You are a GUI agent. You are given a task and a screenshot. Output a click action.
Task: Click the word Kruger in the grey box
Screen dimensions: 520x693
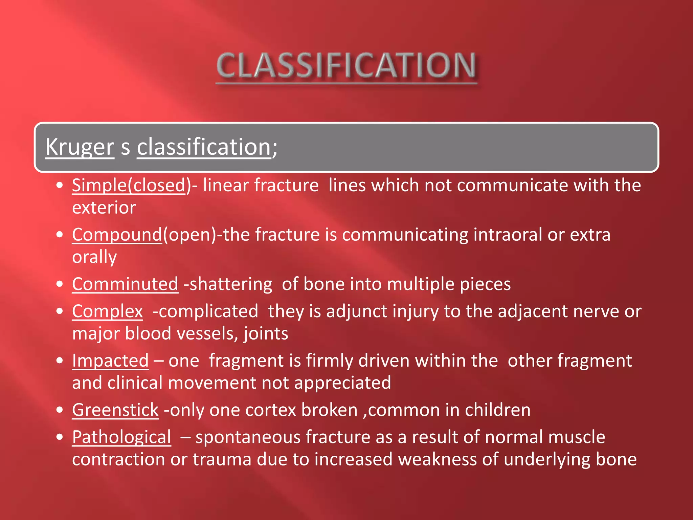[x=80, y=147]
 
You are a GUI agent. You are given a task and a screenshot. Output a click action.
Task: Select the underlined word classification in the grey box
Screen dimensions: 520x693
[x=204, y=147]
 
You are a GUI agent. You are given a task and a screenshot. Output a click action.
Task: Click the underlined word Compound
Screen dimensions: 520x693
[x=117, y=235]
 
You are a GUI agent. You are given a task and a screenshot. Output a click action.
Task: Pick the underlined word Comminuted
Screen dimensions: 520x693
[x=125, y=284]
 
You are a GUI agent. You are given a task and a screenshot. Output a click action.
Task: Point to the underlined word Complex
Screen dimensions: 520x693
[x=107, y=311]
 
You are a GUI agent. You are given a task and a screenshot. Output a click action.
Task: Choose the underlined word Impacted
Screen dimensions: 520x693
[x=110, y=361]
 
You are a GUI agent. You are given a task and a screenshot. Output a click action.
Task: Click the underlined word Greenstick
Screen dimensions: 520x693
[x=115, y=410]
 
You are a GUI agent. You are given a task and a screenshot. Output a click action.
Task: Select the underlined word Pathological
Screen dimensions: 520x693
[x=121, y=437]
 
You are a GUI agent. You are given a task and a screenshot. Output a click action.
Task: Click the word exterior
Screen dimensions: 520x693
[x=104, y=208]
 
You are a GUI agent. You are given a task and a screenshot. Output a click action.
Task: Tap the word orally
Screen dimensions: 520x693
[x=94, y=257]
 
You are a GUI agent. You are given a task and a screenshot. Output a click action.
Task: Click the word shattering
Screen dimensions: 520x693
[x=231, y=284]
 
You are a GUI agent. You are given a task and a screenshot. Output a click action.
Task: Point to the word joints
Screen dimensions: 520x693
[x=266, y=334]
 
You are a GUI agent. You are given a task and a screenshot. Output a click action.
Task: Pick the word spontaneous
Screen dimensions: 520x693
[x=248, y=437]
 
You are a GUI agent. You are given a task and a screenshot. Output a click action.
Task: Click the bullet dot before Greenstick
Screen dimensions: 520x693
[x=60, y=410]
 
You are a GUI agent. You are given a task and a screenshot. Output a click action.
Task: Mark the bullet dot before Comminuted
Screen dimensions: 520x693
[x=60, y=284]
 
